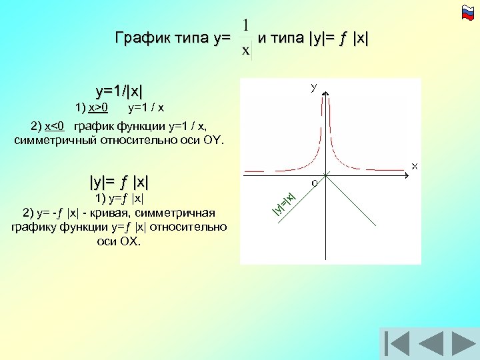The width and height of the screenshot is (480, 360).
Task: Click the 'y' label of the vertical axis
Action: pos(313,87)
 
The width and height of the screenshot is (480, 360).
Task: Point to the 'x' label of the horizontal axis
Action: pos(414,165)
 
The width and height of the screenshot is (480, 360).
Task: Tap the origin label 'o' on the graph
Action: pos(314,182)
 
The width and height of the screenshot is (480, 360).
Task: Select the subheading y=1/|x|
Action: pos(119,91)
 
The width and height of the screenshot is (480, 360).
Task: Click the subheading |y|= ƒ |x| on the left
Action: pos(119,181)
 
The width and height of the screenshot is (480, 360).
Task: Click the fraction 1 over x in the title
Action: pos(246,37)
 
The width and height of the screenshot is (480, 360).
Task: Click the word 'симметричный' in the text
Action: pos(57,140)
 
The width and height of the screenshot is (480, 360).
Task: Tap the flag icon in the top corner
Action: pos(467,11)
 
